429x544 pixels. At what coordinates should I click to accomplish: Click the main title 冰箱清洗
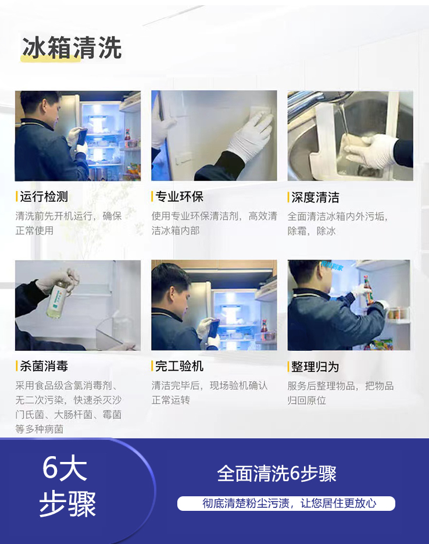point(71,48)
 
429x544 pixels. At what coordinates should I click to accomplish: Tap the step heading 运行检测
point(44,197)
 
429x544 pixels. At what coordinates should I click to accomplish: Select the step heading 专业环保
point(179,197)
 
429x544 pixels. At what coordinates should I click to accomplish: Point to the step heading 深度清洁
point(315,197)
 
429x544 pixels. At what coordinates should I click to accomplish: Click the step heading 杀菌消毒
point(44,366)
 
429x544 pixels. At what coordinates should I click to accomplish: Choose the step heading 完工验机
point(179,366)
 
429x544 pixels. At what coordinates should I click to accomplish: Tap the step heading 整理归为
point(315,367)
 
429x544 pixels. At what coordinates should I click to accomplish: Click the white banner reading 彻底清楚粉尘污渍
point(286,503)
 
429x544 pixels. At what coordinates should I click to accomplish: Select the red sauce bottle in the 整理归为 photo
point(367,289)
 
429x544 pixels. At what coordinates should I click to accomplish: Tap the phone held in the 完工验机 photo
point(213,329)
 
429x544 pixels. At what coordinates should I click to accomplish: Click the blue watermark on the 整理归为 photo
point(332,266)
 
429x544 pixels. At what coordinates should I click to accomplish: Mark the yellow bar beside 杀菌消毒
point(16,366)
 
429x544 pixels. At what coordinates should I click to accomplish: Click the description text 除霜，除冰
point(312,231)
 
